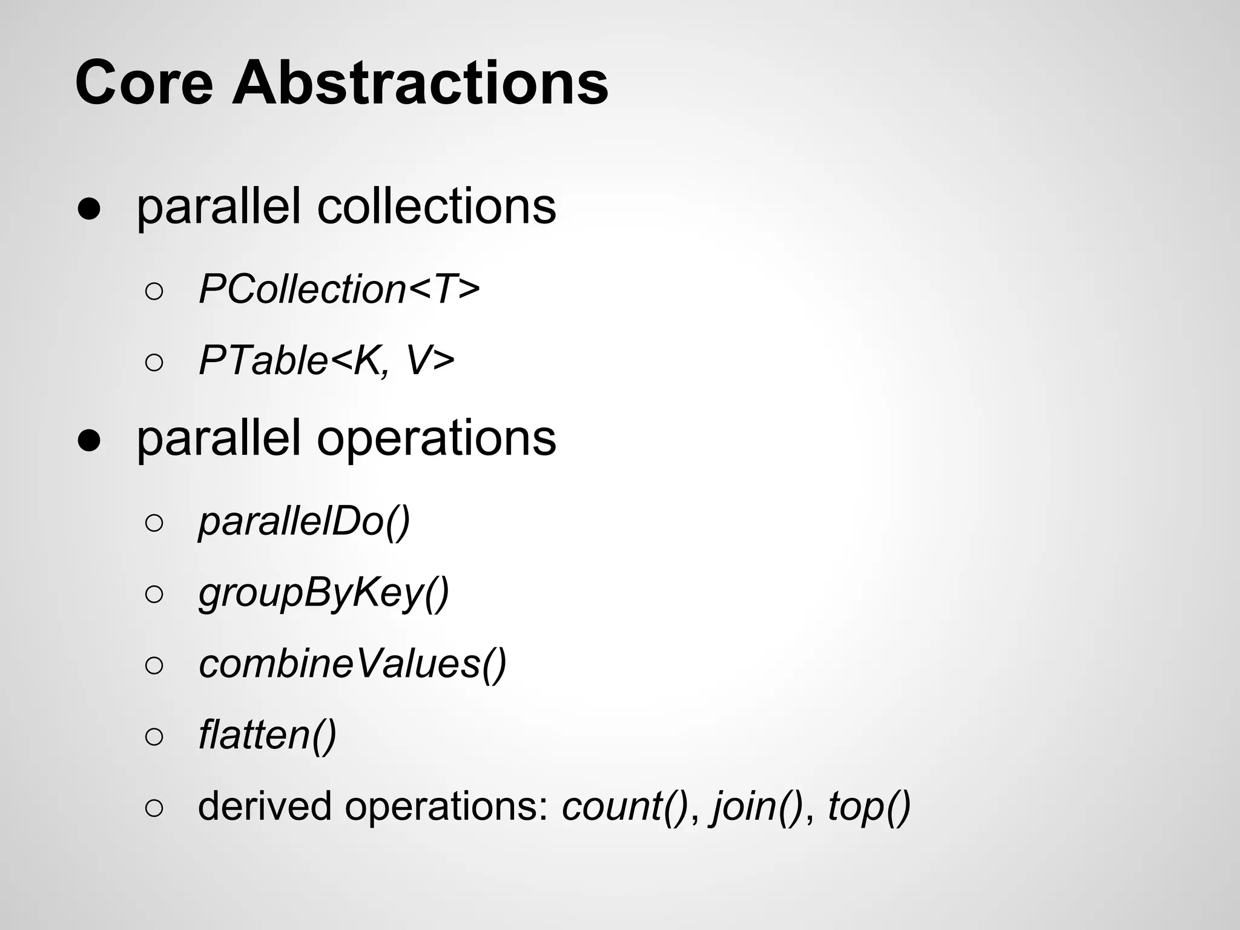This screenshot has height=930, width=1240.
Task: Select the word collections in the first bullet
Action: (x=436, y=206)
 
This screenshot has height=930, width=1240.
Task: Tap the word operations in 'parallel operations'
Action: (x=436, y=438)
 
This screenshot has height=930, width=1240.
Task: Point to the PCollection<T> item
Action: (x=339, y=289)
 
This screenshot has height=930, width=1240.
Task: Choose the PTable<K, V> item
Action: (x=326, y=361)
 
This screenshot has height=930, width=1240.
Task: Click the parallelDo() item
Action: (x=304, y=521)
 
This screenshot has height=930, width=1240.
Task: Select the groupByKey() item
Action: (x=324, y=593)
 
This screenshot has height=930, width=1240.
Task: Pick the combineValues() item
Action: (x=352, y=664)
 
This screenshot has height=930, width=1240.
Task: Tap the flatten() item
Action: (x=267, y=735)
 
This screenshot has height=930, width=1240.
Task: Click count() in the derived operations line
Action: (x=625, y=806)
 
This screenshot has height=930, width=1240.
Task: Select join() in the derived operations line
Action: (x=757, y=806)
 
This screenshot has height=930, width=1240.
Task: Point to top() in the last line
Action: (x=869, y=806)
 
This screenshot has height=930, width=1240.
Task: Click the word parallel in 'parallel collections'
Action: (x=219, y=206)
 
